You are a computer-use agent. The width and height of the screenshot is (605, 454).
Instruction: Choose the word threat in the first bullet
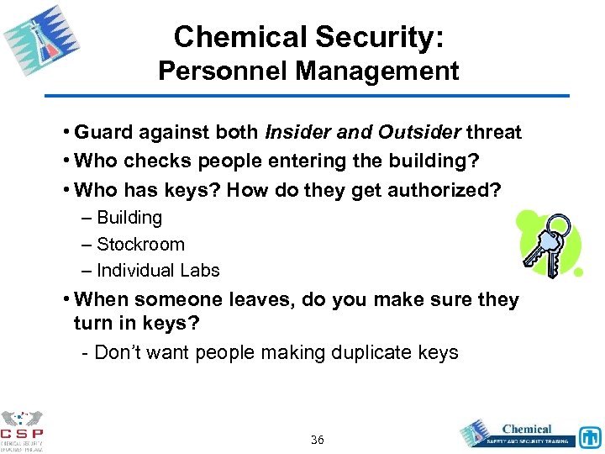coord(494,133)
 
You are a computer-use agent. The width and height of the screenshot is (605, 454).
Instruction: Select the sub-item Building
coord(129,218)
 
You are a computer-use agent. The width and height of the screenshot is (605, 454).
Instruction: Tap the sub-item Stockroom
coord(140,245)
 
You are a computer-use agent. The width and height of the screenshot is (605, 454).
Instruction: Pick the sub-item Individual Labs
coord(158,271)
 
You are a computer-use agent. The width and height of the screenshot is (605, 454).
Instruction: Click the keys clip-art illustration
coord(551,244)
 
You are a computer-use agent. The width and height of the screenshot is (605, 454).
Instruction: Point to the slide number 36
coord(318,440)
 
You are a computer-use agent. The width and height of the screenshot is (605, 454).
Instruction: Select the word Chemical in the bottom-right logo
coord(527,429)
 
